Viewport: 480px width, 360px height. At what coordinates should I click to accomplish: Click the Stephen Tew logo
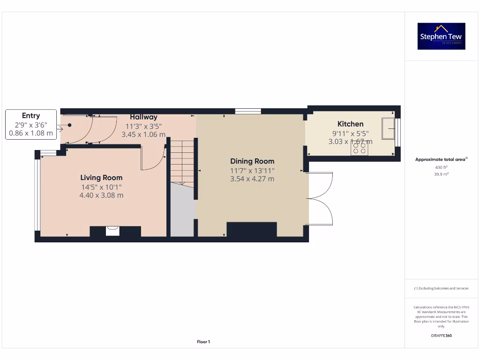(441, 36)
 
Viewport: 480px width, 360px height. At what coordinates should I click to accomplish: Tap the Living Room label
(101, 178)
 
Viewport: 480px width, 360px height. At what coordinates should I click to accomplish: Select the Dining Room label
(252, 161)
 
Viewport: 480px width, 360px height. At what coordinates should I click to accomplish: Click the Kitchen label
(350, 124)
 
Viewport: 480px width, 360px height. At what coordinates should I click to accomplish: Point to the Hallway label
(143, 117)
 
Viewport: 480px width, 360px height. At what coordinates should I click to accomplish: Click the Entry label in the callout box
(31, 116)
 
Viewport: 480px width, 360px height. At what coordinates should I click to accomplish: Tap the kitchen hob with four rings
(360, 149)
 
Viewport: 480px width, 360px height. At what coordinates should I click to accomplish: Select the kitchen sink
(389, 128)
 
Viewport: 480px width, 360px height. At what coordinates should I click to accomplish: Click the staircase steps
(182, 162)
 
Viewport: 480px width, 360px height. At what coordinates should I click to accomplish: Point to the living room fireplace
(112, 231)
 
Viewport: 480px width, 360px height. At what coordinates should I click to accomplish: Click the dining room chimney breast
(252, 230)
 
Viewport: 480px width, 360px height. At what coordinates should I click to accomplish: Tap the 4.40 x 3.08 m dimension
(101, 195)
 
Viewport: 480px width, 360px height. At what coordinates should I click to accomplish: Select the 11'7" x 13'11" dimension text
(252, 171)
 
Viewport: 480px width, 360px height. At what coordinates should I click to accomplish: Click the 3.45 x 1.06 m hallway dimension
(143, 135)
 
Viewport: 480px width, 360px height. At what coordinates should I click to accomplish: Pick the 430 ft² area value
(441, 167)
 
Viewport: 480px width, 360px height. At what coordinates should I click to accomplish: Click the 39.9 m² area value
(441, 174)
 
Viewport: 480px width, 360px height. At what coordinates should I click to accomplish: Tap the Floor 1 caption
(203, 342)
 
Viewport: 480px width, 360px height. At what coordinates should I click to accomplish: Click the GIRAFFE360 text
(441, 336)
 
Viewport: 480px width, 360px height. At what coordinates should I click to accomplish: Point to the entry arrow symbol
(59, 128)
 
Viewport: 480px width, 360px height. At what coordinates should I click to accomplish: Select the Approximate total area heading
(441, 159)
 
